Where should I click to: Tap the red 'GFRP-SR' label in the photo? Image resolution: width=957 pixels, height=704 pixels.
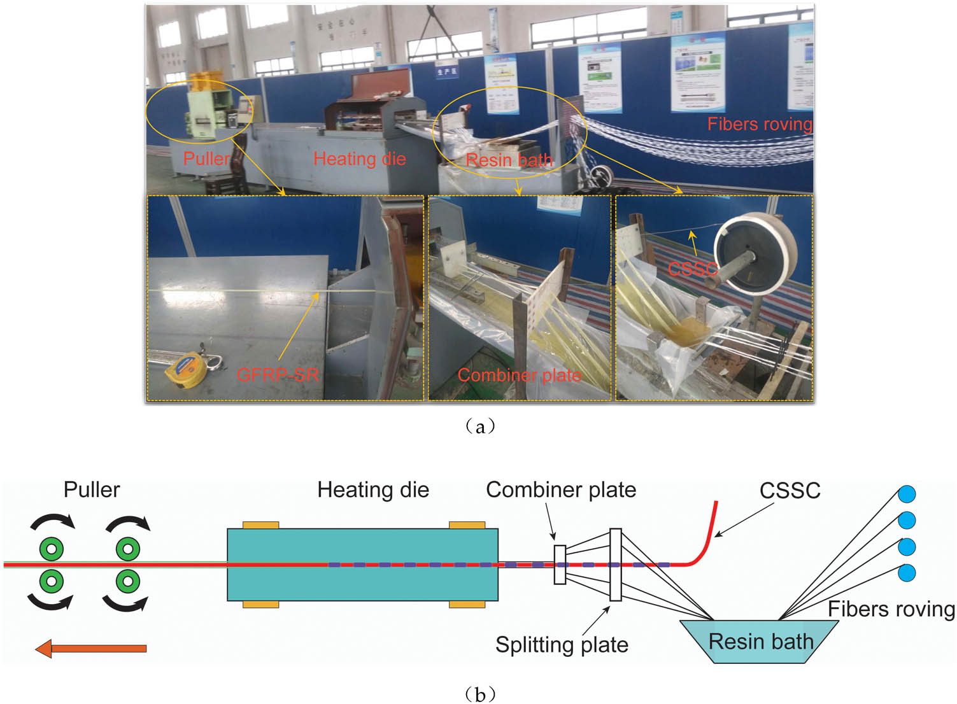click(278, 375)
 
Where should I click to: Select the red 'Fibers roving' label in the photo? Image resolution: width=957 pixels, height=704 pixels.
click(760, 123)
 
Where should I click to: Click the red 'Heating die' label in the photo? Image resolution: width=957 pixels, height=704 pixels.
click(360, 158)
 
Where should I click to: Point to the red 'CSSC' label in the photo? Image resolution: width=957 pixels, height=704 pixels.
click(693, 269)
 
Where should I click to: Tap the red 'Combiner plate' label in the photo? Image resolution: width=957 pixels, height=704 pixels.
click(519, 375)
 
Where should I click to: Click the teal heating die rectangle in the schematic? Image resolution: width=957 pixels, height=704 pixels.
click(362, 565)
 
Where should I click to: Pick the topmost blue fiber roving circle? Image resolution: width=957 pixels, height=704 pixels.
click(907, 494)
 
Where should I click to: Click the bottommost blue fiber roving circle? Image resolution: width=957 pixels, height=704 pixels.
click(907, 572)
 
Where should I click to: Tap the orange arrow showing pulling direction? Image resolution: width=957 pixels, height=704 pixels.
click(91, 649)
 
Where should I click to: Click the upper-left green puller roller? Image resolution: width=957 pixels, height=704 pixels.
click(52, 548)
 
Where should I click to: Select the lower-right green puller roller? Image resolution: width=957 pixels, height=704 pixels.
click(128, 581)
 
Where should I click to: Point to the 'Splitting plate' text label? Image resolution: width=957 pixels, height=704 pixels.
click(562, 645)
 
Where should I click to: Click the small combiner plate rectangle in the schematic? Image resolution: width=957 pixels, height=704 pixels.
click(560, 565)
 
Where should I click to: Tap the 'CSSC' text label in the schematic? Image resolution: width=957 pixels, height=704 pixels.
click(790, 490)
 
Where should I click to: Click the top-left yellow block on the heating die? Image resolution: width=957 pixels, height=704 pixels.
click(260, 525)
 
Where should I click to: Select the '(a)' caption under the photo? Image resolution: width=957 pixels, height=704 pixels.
click(479, 426)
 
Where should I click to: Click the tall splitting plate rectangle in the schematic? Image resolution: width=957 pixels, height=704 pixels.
click(615, 565)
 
